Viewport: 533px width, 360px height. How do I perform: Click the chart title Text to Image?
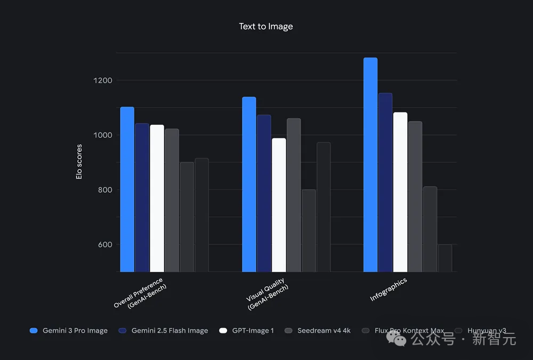pyautogui.click(x=266, y=26)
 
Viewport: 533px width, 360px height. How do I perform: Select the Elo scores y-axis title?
pyautogui.click(x=79, y=161)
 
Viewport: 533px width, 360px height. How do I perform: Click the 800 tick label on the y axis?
pyautogui.click(x=102, y=190)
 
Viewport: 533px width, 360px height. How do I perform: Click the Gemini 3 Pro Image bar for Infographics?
pyautogui.click(x=370, y=165)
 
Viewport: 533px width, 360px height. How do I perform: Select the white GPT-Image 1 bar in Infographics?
pyautogui.click(x=400, y=192)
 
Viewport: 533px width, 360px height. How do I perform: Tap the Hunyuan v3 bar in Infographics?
pyautogui.click(x=445, y=258)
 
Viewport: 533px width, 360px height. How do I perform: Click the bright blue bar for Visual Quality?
pyautogui.click(x=249, y=184)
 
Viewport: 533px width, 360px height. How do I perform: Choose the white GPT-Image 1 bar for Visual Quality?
pyautogui.click(x=279, y=205)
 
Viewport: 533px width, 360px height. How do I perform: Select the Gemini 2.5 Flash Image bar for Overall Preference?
pyautogui.click(x=142, y=198)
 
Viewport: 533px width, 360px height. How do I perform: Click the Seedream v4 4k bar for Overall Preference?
pyautogui.click(x=172, y=200)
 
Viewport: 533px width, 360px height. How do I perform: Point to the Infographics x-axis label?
pyautogui.click(x=389, y=289)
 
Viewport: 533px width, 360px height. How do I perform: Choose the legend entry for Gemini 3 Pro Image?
pyautogui.click(x=69, y=331)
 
